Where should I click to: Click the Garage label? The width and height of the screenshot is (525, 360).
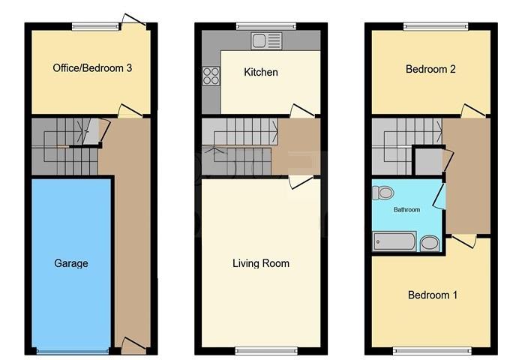[x=71, y=263]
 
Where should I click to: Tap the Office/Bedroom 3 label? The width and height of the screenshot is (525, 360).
[x=93, y=68]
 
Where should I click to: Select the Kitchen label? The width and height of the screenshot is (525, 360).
[x=261, y=73]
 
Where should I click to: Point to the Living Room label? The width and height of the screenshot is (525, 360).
[x=260, y=263]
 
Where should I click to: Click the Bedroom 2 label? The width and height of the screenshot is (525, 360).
[x=431, y=69]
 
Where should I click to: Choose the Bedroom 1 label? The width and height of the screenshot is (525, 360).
[x=433, y=295]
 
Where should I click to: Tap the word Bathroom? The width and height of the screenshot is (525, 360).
[x=407, y=210]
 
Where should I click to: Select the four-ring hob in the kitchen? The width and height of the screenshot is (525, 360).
[x=211, y=75]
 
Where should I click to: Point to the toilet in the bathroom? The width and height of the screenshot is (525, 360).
[x=382, y=193]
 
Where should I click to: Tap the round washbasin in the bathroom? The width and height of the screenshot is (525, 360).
[x=430, y=242]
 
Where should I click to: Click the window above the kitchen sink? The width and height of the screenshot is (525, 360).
[x=260, y=27]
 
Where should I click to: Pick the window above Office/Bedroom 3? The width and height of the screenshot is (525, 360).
[x=94, y=27]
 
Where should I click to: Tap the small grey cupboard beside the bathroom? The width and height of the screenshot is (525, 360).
[x=428, y=161]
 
